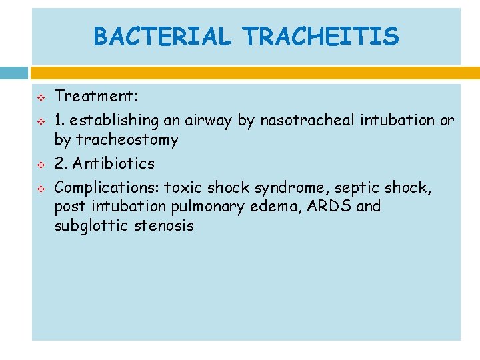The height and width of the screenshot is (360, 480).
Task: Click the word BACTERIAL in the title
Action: point(161,37)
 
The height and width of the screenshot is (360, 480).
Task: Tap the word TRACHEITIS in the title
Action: point(321,37)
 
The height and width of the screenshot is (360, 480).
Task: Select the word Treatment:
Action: point(97,97)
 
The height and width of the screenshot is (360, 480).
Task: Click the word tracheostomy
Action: point(127,140)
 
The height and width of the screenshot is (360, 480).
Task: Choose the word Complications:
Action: point(107,188)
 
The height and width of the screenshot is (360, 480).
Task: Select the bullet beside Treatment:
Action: point(40,98)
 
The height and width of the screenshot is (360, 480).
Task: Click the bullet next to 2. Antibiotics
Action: point(40,164)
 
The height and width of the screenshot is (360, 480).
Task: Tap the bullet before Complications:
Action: point(40,189)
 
